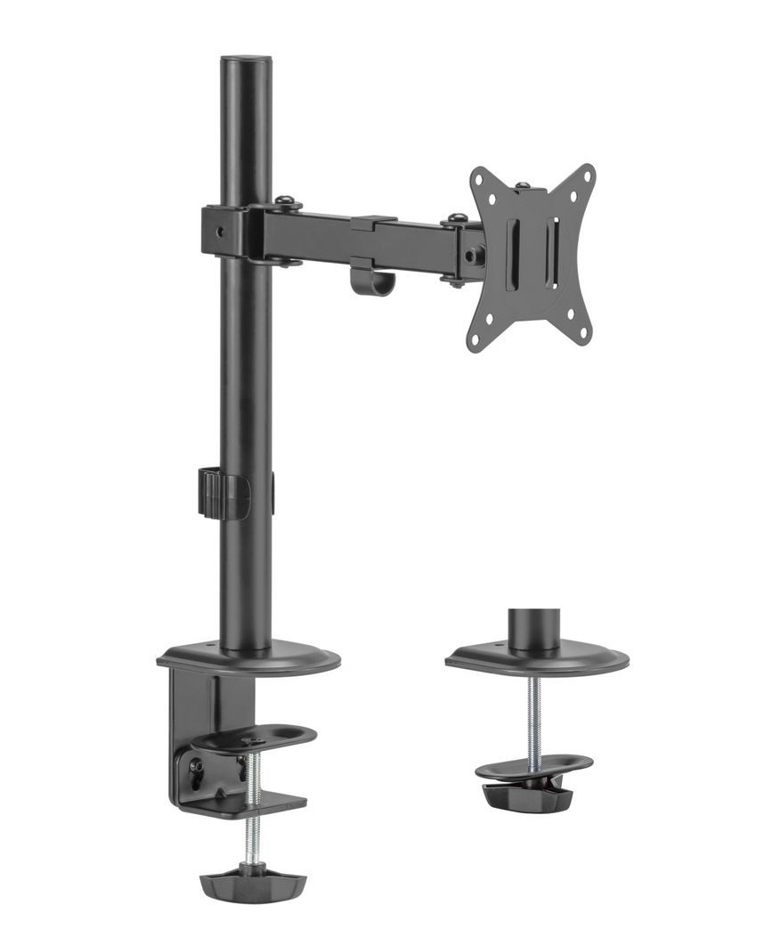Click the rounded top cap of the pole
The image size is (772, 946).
pos(246,62)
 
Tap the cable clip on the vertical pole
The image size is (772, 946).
pos(218,491)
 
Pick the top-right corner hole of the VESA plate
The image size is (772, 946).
pos(585,175)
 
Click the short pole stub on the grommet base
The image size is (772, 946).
pos(532,628)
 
